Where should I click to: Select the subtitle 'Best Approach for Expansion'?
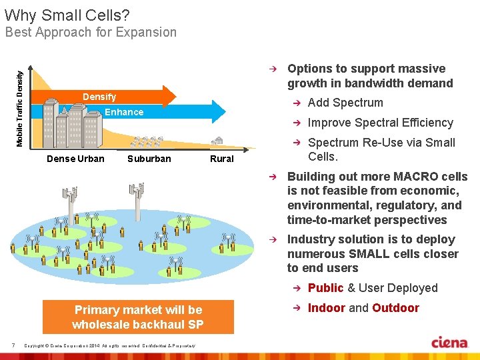91,32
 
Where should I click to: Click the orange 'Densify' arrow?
100,97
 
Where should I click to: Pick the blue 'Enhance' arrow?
125,112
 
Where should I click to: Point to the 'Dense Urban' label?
75,159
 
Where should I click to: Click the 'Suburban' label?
149,159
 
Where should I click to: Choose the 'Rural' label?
221,159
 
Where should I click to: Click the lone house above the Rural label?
217,141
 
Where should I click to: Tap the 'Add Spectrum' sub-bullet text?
345,103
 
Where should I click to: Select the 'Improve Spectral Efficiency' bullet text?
380,123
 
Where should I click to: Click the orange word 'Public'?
325,288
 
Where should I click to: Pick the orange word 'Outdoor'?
395,308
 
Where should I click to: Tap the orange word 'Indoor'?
326,308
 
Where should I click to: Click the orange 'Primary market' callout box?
138,317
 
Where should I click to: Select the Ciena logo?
449,343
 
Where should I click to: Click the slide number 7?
14,345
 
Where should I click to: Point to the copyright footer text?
109,345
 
